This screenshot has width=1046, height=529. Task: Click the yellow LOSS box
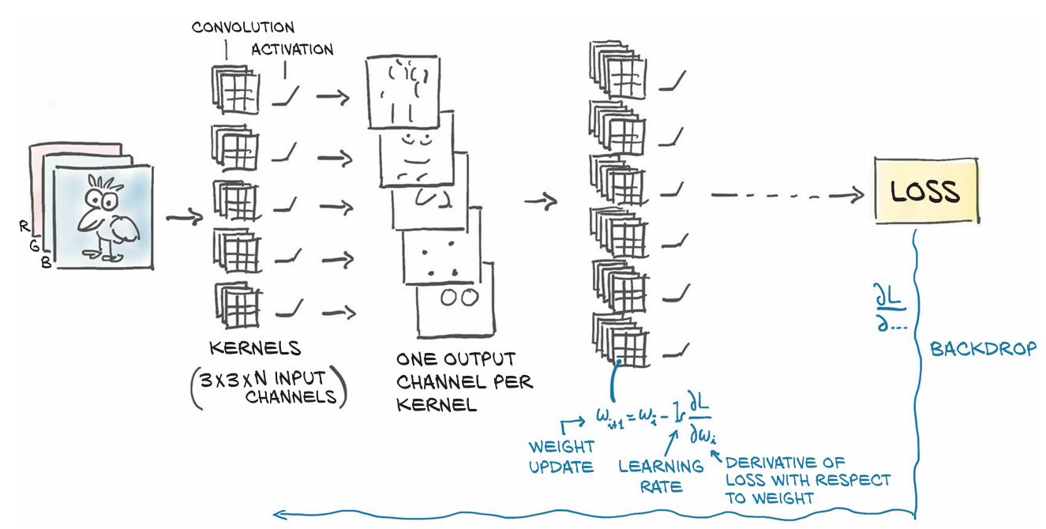927,190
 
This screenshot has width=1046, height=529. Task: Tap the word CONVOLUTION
243,28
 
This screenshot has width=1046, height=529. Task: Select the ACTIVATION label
292,50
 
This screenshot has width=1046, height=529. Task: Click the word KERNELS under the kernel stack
255,348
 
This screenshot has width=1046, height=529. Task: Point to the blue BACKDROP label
983,349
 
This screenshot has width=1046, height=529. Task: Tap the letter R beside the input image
24,227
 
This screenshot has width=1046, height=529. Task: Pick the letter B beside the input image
46,262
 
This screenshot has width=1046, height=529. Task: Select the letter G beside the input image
34,245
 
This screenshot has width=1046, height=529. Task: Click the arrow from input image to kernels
185,217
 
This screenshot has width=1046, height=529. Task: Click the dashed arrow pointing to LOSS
787,195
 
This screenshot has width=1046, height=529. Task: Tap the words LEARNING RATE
661,476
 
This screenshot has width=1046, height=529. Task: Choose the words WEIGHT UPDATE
561,456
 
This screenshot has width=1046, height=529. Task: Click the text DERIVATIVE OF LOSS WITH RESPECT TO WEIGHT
808,480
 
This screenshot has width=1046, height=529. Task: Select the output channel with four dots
442,257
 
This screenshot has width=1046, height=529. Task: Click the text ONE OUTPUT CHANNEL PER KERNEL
465,382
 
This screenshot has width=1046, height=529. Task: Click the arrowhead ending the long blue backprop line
279,515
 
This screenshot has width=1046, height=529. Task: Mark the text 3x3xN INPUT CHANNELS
268,388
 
